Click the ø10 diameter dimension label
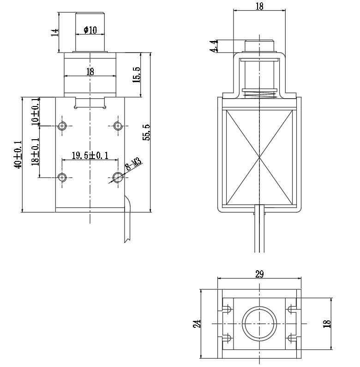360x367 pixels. pos(90,30)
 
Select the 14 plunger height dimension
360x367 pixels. pos(55,33)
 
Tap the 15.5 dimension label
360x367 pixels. pos(137,75)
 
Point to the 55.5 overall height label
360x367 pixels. pos(146,132)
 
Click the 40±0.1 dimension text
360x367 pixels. pos(18,154)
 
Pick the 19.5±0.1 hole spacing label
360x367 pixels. pos(90,155)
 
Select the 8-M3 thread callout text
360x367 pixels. pos(133,164)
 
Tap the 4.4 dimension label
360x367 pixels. pos(214,46)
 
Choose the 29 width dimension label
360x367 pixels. pos(259,274)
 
